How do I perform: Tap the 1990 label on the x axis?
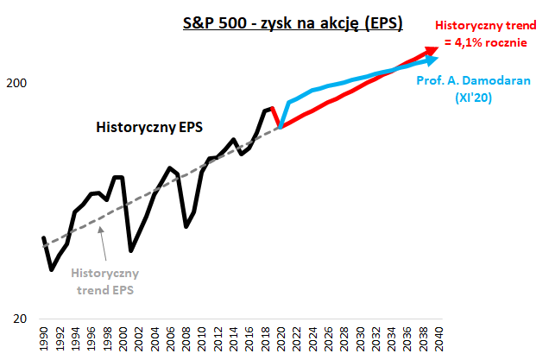[43, 339]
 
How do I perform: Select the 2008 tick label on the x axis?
[186, 339]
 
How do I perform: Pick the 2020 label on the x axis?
[281, 339]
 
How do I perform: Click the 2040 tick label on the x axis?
[439, 339]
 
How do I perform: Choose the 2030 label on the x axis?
[360, 339]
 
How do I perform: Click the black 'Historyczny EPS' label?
[149, 127]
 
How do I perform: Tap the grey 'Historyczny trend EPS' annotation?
[104, 281]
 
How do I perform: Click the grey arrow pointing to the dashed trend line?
[104, 246]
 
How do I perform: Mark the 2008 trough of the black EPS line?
[186, 227]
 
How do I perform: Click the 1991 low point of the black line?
[51, 269]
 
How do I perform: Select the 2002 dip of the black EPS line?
[130, 250]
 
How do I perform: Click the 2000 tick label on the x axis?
[123, 339]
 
